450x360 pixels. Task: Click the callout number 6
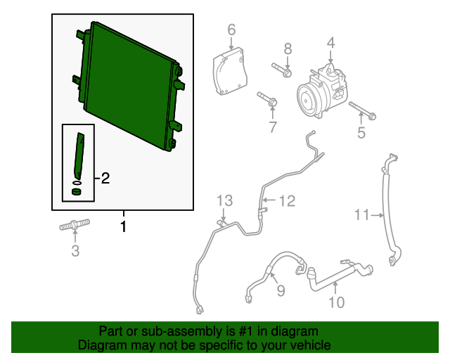click(231, 30)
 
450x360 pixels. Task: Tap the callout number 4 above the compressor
click(331, 43)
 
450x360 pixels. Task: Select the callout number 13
click(224, 200)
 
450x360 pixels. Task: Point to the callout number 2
click(105, 179)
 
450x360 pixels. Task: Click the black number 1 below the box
click(123, 226)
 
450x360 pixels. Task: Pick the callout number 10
click(336, 302)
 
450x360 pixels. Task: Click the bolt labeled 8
click(282, 70)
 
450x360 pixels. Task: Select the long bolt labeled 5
click(363, 110)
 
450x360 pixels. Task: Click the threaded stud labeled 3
click(75, 224)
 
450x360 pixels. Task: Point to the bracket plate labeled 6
click(230, 71)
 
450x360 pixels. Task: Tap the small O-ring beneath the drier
click(77, 183)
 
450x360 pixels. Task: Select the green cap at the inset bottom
click(77, 191)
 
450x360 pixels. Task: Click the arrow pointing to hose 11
click(377, 215)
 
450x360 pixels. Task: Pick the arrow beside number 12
click(270, 200)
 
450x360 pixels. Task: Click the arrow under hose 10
click(335, 288)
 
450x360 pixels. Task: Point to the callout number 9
click(281, 290)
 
